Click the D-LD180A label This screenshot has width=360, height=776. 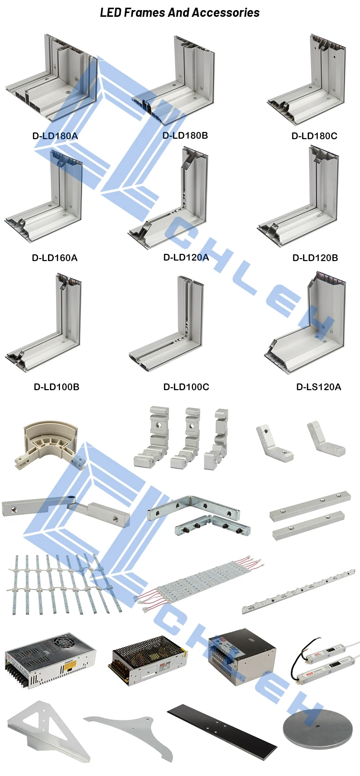pos(55,136)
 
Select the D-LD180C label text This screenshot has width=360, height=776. pos(314,136)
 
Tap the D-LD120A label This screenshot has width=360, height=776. pos(186,258)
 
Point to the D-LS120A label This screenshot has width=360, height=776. pos(318,387)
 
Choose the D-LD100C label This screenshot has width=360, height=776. pos(186,387)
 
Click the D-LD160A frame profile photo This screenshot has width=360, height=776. pos(46,197)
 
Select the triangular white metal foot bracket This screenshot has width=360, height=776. pos(48,729)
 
